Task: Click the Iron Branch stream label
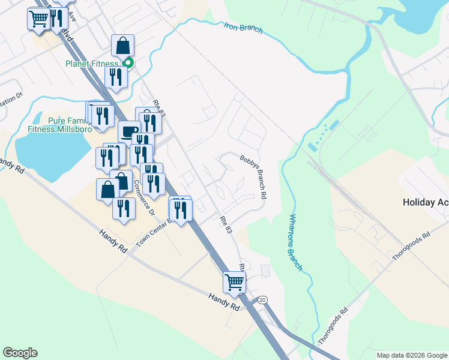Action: tap(243, 28)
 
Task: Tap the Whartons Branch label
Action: tap(295, 242)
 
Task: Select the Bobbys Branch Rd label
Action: tap(253, 177)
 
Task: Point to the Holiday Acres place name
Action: tap(425, 202)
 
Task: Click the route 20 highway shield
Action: tap(262, 299)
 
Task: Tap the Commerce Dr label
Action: tap(143, 197)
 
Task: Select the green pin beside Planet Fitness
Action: tap(128, 62)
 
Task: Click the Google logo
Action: tap(20, 353)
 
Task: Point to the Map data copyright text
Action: tap(411, 355)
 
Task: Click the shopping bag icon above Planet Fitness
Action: tap(122, 45)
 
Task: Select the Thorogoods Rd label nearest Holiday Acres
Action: tap(411, 247)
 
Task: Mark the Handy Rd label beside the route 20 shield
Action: tap(224, 301)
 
